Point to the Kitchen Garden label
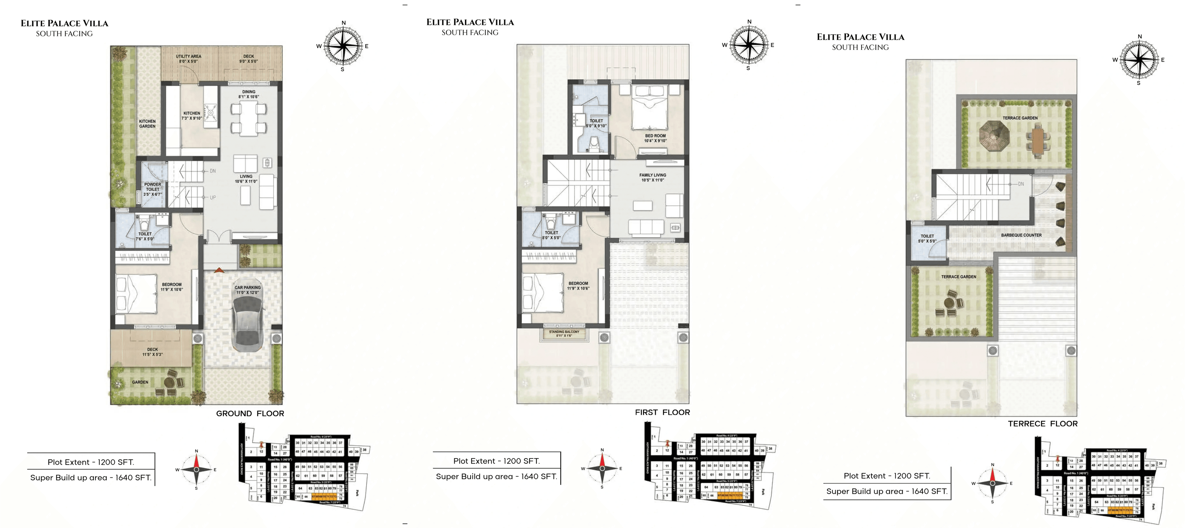[x=147, y=124]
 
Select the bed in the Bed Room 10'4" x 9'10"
[x=649, y=109]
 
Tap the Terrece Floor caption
[x=1042, y=423]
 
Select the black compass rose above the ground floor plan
[x=343, y=46]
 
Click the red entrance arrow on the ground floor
[x=219, y=270]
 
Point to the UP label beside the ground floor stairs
[x=213, y=198]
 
